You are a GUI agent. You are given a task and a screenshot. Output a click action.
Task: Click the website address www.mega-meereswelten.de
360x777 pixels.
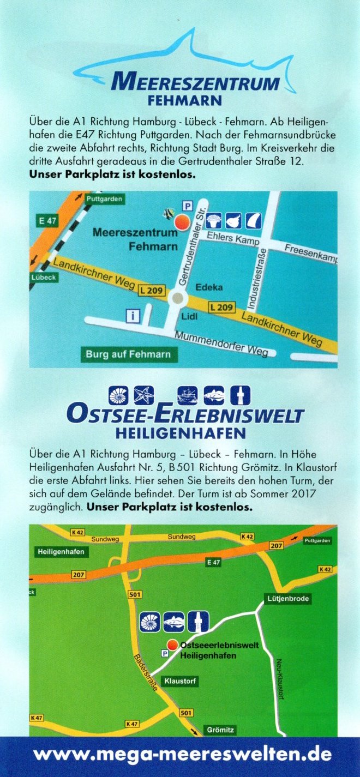point(182,755)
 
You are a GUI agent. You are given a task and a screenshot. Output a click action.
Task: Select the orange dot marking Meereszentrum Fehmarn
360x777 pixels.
point(181,221)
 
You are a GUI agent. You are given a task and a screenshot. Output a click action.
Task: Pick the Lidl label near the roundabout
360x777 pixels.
point(189,316)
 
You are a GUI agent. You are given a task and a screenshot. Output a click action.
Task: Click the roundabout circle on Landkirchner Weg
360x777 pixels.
point(176,298)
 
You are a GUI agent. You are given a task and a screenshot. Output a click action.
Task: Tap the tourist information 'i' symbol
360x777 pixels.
point(131,315)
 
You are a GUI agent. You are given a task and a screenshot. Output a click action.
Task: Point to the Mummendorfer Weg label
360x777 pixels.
point(221,344)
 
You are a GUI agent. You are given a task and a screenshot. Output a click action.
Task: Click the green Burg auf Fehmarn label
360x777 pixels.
point(128,354)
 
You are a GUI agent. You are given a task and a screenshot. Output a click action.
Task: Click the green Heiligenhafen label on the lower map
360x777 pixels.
point(61,552)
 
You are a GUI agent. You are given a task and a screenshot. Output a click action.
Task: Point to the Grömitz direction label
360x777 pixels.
point(220,729)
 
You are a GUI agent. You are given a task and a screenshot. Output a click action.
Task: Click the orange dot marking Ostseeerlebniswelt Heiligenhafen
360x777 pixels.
point(172,645)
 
